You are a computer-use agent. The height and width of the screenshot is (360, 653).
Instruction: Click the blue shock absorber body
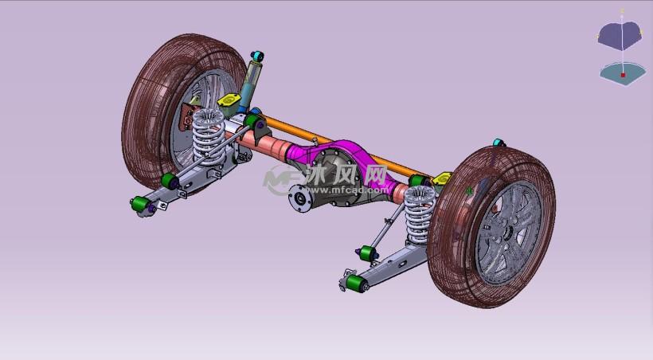click(x=249, y=85)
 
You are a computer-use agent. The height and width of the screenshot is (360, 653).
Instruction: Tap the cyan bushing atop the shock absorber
click(x=257, y=56)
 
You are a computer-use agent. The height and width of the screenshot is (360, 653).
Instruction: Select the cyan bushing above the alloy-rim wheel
click(x=499, y=143)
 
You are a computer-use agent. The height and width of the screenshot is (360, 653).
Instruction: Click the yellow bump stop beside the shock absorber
click(x=229, y=100)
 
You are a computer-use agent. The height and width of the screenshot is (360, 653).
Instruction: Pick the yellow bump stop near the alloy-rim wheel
click(x=442, y=178)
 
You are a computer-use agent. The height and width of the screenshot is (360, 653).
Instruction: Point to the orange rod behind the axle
click(x=342, y=145)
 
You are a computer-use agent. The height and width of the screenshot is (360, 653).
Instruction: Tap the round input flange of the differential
click(x=300, y=198)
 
